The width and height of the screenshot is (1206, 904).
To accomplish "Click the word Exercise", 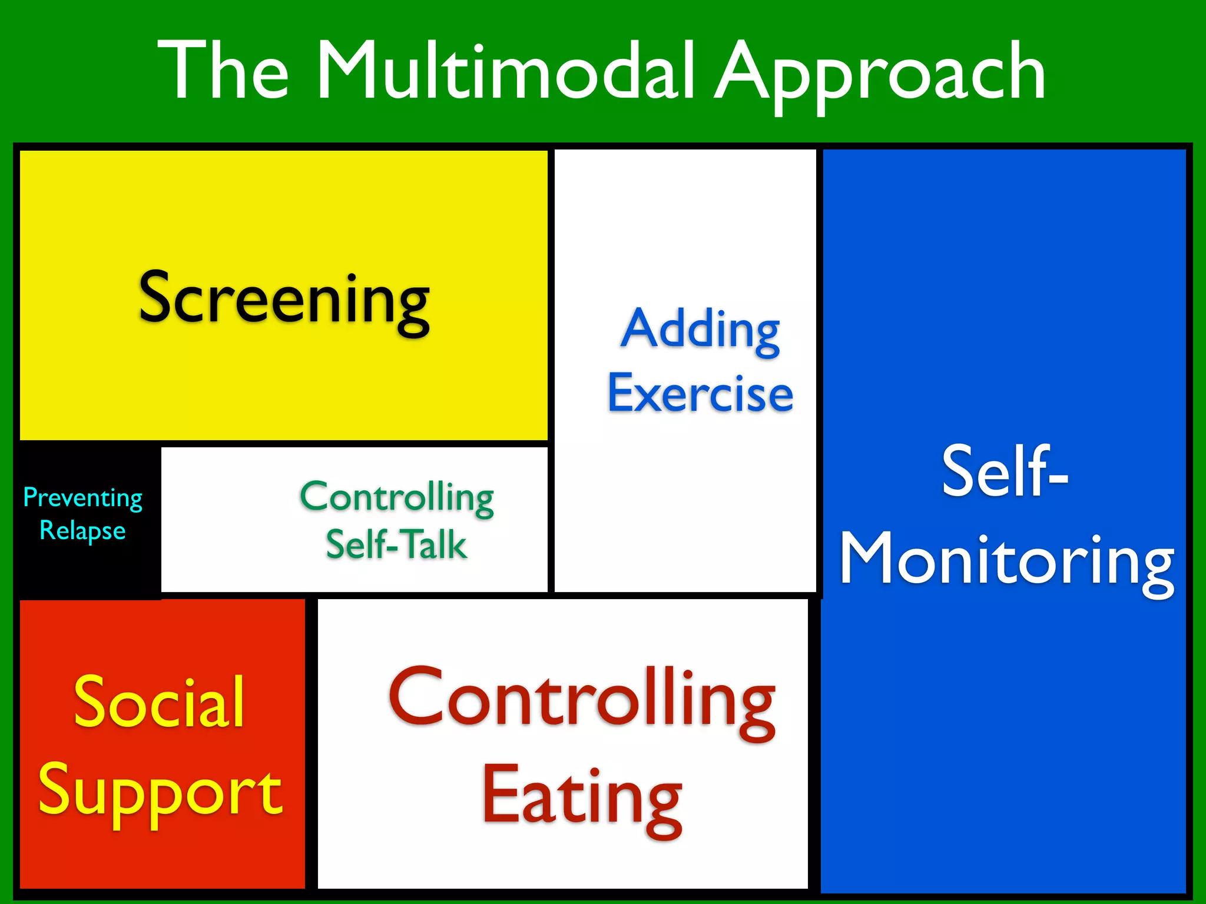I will tap(700, 393).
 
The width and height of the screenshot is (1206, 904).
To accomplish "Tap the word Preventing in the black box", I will tap(82, 498).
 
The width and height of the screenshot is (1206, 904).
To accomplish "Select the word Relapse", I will tap(82, 531).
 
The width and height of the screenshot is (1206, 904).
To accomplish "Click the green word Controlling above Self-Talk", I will tap(397, 498).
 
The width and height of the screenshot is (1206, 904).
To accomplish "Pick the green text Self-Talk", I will tap(396, 544).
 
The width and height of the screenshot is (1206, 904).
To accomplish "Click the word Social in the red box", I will tap(159, 702).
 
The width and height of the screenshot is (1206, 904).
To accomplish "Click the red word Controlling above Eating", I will tap(582, 700).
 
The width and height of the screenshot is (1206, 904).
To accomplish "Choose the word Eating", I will tap(582, 797).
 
